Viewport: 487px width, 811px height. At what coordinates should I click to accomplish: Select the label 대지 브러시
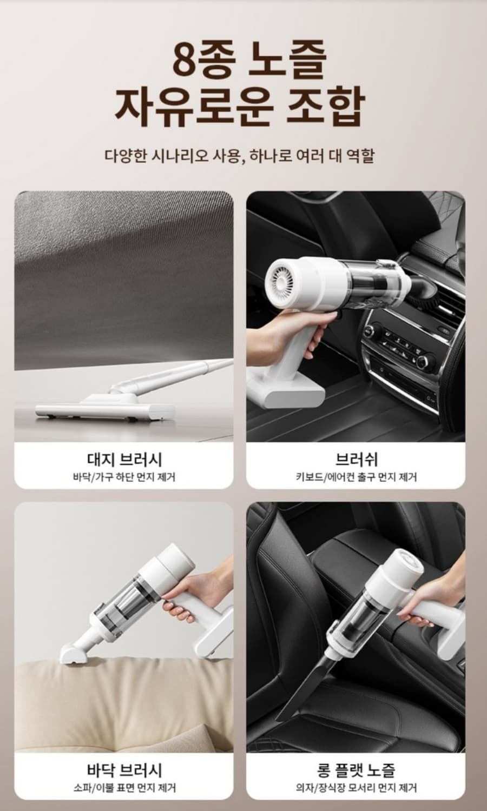pos(124,460)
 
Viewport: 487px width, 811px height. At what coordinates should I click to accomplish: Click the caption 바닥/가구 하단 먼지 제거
pos(124,477)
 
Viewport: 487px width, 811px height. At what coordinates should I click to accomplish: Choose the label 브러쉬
pos(356,460)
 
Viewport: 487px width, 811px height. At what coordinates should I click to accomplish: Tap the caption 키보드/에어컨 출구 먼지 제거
pos(356,477)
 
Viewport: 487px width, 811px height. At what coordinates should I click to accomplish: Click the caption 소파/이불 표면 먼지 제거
pos(124,788)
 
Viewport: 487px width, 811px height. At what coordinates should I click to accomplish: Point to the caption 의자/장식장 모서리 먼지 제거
pos(356,788)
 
